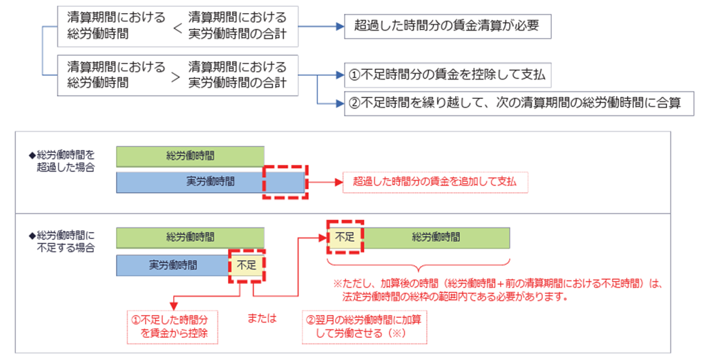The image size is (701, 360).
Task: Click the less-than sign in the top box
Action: [x=177, y=28]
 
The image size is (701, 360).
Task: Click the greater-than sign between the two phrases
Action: [x=175, y=77]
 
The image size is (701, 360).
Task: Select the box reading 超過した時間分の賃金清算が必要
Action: [x=448, y=26]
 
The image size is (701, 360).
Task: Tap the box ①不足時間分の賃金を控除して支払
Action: [x=448, y=75]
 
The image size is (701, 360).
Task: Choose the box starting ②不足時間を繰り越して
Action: [x=519, y=104]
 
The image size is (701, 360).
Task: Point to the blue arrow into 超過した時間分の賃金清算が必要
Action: [x=321, y=26]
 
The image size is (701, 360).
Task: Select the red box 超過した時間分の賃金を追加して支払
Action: [x=435, y=182]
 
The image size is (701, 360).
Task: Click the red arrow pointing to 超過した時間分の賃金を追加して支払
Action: [x=325, y=182]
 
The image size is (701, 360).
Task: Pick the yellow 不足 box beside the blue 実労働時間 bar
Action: [x=247, y=265]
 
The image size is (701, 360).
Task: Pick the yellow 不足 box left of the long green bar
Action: [x=345, y=237]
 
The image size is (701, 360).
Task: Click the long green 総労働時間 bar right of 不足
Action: [x=435, y=238]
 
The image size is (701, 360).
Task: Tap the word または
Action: [x=262, y=319]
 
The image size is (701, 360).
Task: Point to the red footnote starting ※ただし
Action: [x=497, y=290]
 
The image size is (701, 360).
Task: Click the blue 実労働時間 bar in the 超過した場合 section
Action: [x=211, y=182]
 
